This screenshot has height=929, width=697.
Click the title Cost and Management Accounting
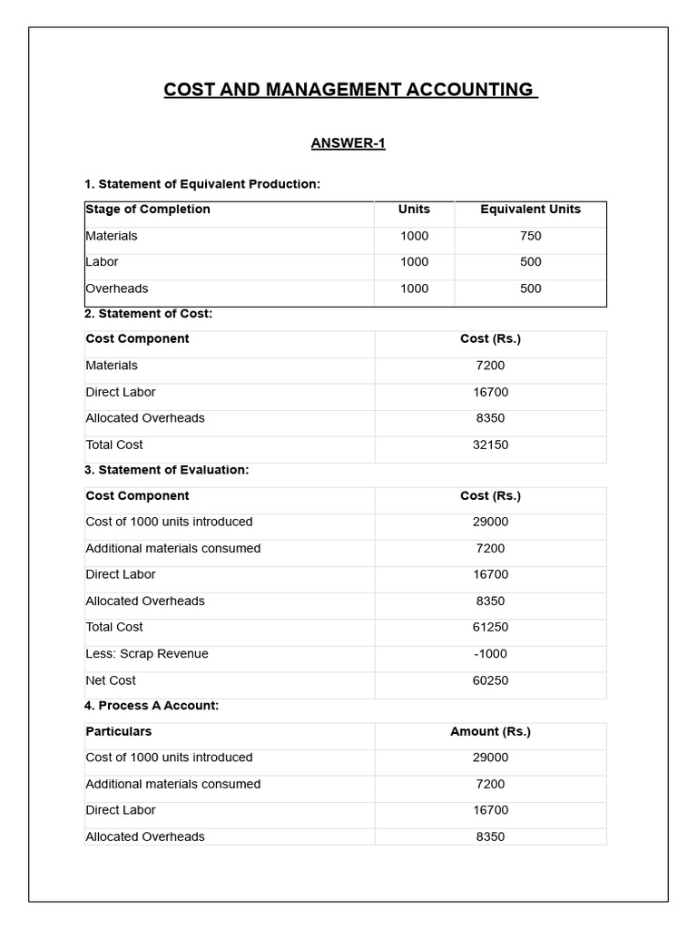[x=350, y=90]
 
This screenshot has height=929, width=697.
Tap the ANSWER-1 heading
[x=348, y=143]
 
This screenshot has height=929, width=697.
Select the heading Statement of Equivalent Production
[x=202, y=184]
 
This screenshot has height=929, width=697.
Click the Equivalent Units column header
[x=530, y=210]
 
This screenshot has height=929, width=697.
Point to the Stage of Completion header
[x=148, y=210]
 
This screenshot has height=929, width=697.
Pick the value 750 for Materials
[x=531, y=236]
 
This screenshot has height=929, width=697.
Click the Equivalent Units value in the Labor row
[x=531, y=262]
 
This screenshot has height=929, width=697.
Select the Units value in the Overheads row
[x=414, y=288]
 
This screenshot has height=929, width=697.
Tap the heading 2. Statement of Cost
[x=149, y=314]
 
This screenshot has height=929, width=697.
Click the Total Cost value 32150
[x=490, y=445]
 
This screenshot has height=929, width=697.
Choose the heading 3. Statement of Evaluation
[x=166, y=470]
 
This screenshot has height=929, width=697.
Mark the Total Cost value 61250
[x=490, y=628]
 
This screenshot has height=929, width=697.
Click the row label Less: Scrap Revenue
[x=147, y=654]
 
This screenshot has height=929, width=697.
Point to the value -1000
[x=490, y=654]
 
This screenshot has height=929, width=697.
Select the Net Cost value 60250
[x=490, y=680]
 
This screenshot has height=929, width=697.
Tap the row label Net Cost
[x=111, y=680]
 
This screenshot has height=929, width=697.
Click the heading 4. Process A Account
[x=152, y=706]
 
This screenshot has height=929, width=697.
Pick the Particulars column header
[x=119, y=731]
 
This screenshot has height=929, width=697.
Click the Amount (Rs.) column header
[x=490, y=731]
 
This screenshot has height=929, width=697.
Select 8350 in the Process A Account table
[x=490, y=836]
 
